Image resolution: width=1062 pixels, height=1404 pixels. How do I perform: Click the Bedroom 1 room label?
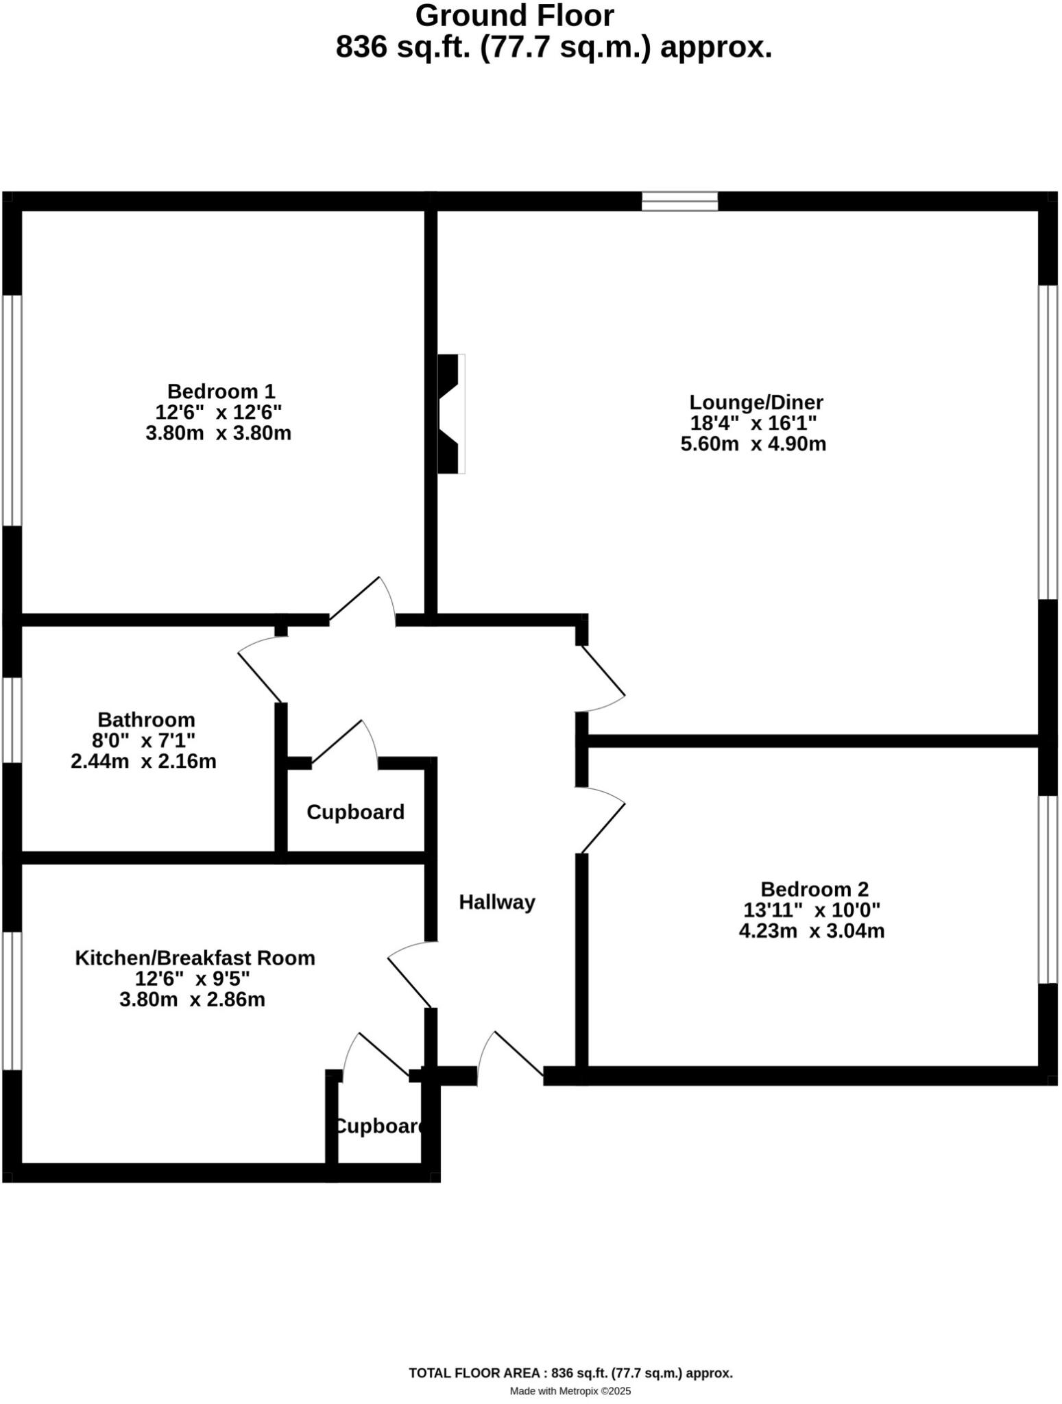tap(221, 391)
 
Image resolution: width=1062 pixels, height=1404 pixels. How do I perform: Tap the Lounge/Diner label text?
tap(756, 402)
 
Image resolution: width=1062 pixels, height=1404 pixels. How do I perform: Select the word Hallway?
tap(496, 902)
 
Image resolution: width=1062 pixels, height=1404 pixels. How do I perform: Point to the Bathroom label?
tap(146, 720)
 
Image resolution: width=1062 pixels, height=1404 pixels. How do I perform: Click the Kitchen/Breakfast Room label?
tap(195, 958)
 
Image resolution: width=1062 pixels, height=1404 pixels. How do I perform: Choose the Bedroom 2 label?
tap(814, 889)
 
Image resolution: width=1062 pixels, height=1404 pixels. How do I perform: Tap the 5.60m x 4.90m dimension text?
tap(753, 444)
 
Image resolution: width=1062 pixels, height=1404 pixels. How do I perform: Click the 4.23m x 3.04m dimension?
tap(811, 931)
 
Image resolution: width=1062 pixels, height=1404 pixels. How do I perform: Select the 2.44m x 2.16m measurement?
tap(143, 761)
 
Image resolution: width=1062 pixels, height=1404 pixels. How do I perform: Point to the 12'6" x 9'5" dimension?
tap(192, 978)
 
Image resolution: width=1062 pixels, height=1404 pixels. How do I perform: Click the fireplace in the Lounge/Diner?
tap(450, 413)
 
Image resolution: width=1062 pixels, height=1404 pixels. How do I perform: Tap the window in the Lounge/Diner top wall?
tap(679, 201)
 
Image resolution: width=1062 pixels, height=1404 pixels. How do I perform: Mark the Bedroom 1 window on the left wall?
tap(12, 410)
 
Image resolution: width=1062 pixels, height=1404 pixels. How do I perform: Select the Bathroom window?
tap(12, 720)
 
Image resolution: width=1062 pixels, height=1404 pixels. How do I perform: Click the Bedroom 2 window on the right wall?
tap(1048, 889)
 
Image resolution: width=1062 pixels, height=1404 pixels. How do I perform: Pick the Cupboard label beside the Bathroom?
tap(355, 812)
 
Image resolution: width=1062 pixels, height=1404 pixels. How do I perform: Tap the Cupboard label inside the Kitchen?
tap(378, 1126)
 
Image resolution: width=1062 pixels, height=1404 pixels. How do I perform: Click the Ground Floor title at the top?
tap(514, 16)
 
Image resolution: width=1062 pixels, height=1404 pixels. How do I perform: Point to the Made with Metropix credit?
tap(570, 1391)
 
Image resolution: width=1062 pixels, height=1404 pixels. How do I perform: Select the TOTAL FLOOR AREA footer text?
tap(570, 1373)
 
